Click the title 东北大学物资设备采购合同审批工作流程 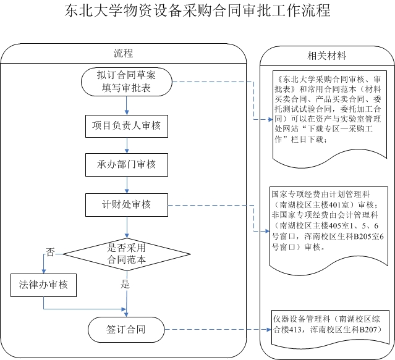pyautogui.click(x=197, y=12)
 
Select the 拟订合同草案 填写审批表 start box pyautogui.click(x=127, y=82)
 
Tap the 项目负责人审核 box pyautogui.click(x=127, y=125)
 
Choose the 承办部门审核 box pyautogui.click(x=127, y=164)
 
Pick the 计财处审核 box pyautogui.click(x=127, y=204)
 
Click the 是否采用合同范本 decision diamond pyautogui.click(x=127, y=253)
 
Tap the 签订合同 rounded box pyautogui.click(x=126, y=327)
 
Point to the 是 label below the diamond pyautogui.click(x=125, y=285)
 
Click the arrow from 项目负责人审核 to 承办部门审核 pyautogui.click(x=127, y=144)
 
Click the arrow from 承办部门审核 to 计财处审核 pyautogui.click(x=127, y=184)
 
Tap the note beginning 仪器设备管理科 pyautogui.click(x=327, y=325)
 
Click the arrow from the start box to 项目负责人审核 pyautogui.click(x=127, y=105)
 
